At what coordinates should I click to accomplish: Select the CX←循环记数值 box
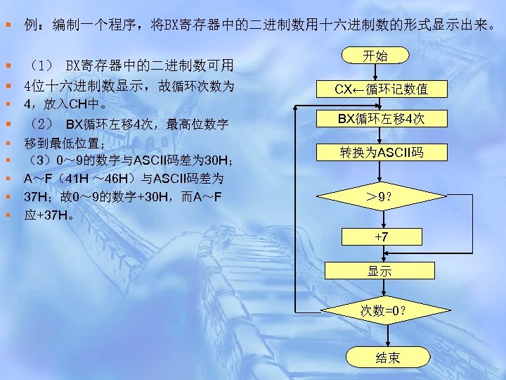coord(381,89)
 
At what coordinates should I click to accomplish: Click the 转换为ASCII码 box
coord(381,153)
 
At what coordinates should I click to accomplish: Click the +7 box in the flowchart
coord(381,237)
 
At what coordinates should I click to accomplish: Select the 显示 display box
coord(379,271)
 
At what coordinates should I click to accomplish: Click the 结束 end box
coord(387,358)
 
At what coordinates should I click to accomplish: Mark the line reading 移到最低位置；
coord(64,144)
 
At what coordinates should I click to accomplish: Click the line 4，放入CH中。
coord(65,105)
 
